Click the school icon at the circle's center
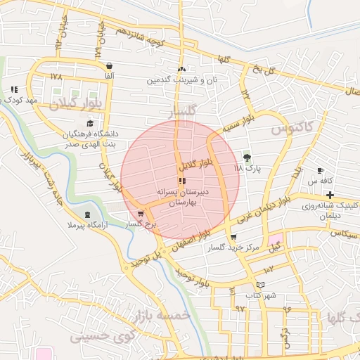(183, 181)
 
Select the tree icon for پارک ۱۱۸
(247, 157)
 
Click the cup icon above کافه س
(321, 171)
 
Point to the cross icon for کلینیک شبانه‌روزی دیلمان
(330, 194)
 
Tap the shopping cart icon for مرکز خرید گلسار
(233, 238)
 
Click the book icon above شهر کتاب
(262, 284)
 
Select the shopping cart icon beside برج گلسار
(141, 214)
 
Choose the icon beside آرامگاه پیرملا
(87, 214)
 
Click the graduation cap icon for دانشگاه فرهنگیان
(90, 123)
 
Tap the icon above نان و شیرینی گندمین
(182, 69)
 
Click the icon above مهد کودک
(14, 89)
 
